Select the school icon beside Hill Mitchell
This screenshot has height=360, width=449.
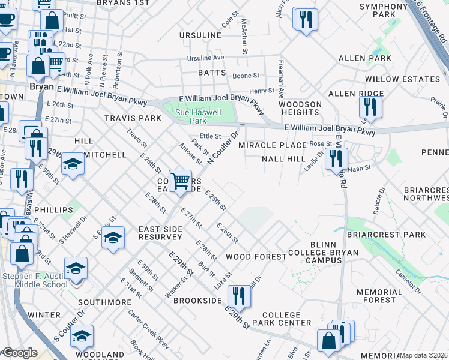tap(73, 164)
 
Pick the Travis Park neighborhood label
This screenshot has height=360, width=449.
tap(133, 118)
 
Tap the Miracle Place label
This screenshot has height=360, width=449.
tap(273, 145)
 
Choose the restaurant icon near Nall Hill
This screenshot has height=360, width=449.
tap(336, 159)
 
